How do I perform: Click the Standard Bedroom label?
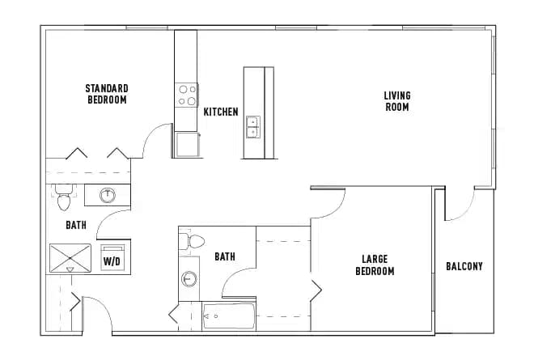tap(107, 94)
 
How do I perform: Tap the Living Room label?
tap(396, 101)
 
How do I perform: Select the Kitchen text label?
tap(221, 112)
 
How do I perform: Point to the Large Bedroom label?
tap(375, 265)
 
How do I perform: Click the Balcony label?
tap(464, 266)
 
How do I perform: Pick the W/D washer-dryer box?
tap(111, 257)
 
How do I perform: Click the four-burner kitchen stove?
tap(188, 95)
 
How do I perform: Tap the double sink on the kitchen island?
tap(252, 127)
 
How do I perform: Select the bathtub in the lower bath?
tap(230, 316)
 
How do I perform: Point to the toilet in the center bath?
tap(195, 240)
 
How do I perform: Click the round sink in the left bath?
tap(107, 194)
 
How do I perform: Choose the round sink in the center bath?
tap(189, 278)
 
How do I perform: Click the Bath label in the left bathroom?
tap(77, 227)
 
